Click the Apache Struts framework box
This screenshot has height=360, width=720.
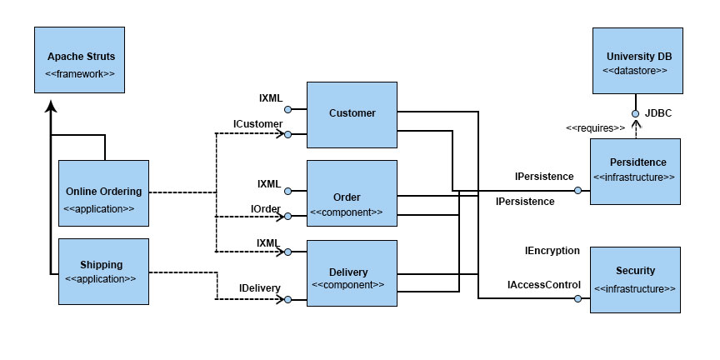(80, 64)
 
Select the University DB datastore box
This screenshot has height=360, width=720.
(638, 61)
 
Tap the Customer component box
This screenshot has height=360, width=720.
(352, 114)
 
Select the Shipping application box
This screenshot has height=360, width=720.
(103, 271)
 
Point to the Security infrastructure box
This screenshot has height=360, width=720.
(635, 279)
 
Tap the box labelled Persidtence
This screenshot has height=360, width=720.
(637, 170)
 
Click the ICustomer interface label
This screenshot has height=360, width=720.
(257, 124)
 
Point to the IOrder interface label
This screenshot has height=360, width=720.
(265, 207)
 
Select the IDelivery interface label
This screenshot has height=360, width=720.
(259, 288)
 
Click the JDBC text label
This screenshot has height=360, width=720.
(657, 112)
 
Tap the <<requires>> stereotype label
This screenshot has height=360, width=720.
(595, 128)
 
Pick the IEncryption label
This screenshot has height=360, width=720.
(552, 251)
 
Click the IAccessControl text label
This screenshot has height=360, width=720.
(544, 285)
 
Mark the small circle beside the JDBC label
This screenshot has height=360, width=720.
(636, 113)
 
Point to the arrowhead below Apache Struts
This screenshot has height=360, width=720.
(51, 106)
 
